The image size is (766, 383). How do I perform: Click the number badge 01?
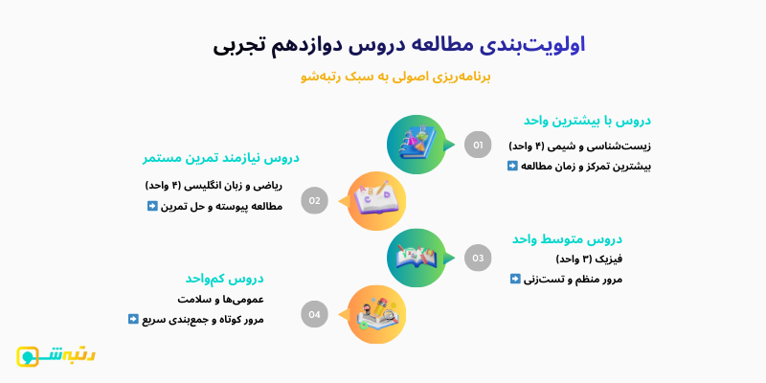pos(478,145)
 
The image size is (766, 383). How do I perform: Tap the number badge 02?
pos(314,201)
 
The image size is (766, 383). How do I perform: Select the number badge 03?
pos(478,258)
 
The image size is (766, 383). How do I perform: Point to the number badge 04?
pos(314,313)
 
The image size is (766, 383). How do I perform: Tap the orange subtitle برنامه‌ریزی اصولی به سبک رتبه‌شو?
pos(395,77)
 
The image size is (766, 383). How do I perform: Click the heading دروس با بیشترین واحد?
pos(587,121)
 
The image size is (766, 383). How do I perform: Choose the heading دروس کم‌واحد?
pos(225,279)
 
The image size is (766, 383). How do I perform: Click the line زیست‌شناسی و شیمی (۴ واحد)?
pos(579,146)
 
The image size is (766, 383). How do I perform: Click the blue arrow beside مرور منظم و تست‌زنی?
pos(515,279)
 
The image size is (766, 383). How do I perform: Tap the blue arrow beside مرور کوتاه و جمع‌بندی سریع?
pos(133,319)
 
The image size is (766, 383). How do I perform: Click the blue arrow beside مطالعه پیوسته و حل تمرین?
pos(152,205)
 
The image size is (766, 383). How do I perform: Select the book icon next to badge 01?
pos(417,145)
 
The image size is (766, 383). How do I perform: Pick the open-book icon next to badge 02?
pos(376,200)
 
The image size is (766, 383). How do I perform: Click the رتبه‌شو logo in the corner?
pos(56,355)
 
